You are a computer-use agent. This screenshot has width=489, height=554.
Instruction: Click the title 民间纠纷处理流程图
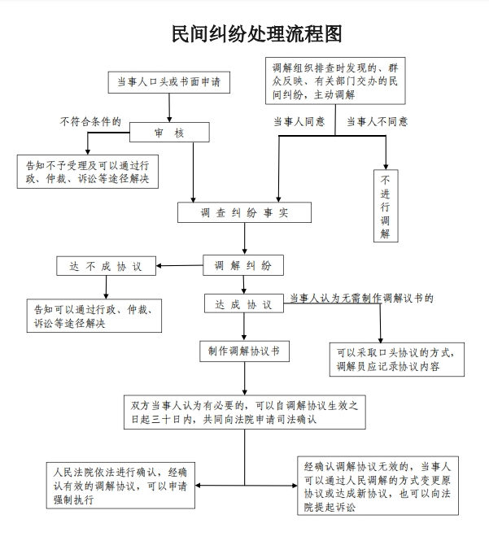tap(256, 34)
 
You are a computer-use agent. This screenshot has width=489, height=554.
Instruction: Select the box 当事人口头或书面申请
tap(169, 82)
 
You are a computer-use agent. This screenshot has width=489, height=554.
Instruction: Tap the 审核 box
tap(169, 133)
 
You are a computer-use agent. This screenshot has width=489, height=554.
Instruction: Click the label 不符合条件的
tap(90, 121)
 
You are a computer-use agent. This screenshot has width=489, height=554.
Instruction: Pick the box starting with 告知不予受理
tap(88, 172)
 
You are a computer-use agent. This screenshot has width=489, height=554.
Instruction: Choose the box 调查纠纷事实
tap(244, 212)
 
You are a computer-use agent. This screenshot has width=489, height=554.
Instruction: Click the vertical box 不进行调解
tap(386, 206)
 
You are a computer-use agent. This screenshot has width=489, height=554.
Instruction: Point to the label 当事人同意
tap(299, 121)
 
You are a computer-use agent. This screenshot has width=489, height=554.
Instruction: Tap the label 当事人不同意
tap(377, 121)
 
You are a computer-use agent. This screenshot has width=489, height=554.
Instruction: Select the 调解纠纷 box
tap(243, 265)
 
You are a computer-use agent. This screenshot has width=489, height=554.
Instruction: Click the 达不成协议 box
tap(106, 266)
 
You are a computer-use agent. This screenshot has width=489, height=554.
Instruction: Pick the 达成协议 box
tap(244, 303)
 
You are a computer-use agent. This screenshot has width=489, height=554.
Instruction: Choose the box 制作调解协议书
tap(244, 351)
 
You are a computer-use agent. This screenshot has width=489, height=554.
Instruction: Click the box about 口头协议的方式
tap(397, 360)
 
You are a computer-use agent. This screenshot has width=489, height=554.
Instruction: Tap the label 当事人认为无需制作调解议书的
tap(361, 299)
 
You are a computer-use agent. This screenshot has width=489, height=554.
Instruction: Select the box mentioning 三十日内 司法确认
tap(244, 412)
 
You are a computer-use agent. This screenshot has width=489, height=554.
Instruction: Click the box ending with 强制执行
tap(120, 486)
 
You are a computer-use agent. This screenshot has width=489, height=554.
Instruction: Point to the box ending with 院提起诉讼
tap(378, 486)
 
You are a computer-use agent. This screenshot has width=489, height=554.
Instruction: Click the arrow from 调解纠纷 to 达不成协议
tap(180, 265)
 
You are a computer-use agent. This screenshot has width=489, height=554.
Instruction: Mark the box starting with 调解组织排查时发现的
tap(335, 81)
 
